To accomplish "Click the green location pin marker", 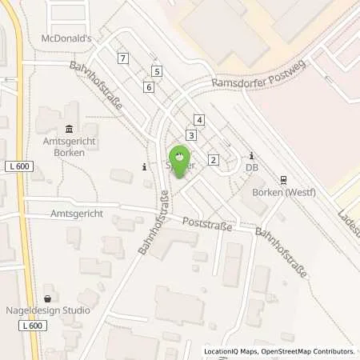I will (180, 158).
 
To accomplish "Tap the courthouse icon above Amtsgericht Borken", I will (68, 130).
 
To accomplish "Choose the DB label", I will (252, 168).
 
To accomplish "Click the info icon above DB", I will (252, 155).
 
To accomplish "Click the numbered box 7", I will (122, 58).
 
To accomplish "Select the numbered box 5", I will (157, 72).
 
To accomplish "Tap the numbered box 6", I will (149, 86).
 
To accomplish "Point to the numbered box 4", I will (199, 120).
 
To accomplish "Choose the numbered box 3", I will (190, 135).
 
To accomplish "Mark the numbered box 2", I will (213, 160).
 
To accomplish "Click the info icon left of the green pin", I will (144, 167).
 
